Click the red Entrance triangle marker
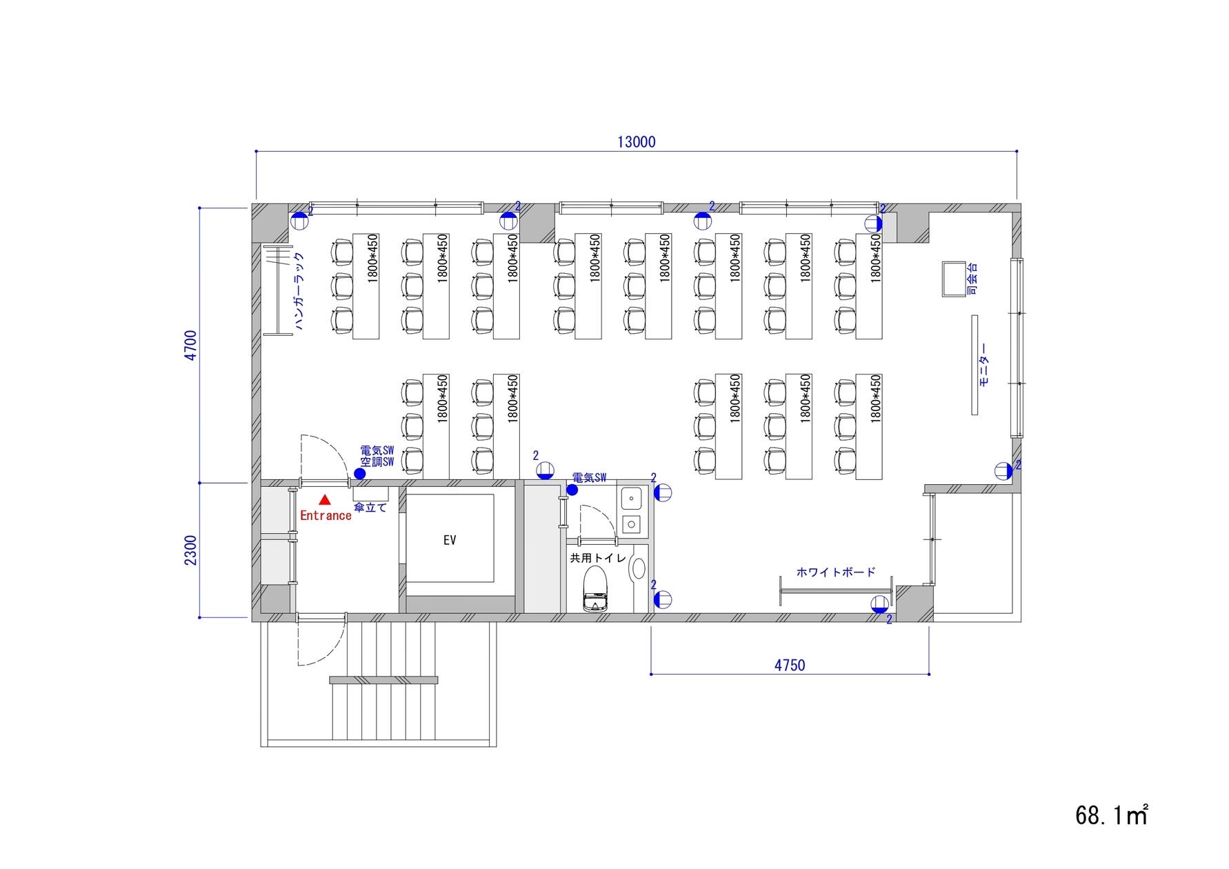(325, 499)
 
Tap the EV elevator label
(450, 540)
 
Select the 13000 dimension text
(636, 142)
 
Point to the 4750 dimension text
(790, 666)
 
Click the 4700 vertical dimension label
(191, 345)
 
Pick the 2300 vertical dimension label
(191, 550)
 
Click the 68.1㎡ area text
(1111, 815)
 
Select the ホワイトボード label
(836, 572)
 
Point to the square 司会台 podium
(955, 279)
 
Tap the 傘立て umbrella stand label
(370, 508)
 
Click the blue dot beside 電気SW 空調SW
(359, 474)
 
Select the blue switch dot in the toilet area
(572, 490)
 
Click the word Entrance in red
(326, 515)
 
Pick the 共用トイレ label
(598, 558)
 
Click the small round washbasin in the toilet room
(639, 568)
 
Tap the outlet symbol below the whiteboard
(879, 605)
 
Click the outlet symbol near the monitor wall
(1003, 472)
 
